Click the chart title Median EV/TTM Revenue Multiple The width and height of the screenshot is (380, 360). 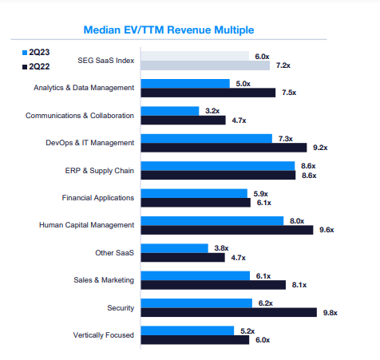click(x=168, y=30)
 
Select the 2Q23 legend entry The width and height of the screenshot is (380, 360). click(x=36, y=53)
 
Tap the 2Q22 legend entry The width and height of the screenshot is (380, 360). click(x=36, y=66)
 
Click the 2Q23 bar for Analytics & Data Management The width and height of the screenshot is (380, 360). click(x=185, y=84)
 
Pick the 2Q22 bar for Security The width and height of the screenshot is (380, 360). click(x=229, y=312)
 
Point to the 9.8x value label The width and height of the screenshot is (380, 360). click(x=331, y=313)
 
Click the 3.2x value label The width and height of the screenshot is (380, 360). click(x=212, y=111)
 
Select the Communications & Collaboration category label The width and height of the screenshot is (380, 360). click(x=80, y=116)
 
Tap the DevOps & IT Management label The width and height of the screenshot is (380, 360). click(x=90, y=143)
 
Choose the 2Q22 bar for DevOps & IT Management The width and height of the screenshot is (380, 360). click(x=224, y=148)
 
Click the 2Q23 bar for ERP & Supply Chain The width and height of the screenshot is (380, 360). click(x=218, y=166)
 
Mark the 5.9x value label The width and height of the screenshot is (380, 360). click(x=260, y=194)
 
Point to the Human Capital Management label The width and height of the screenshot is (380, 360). click(x=86, y=225)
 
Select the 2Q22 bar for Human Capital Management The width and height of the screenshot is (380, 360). click(x=227, y=230)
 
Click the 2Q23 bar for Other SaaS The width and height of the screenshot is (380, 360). click(x=175, y=248)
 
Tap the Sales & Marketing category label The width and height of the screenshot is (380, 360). click(x=104, y=280)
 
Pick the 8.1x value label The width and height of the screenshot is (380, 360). click(x=299, y=285)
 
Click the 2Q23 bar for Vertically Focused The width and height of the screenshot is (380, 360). click(x=188, y=330)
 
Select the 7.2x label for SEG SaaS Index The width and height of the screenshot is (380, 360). click(x=283, y=65)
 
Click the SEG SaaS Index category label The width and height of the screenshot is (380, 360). click(x=106, y=61)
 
